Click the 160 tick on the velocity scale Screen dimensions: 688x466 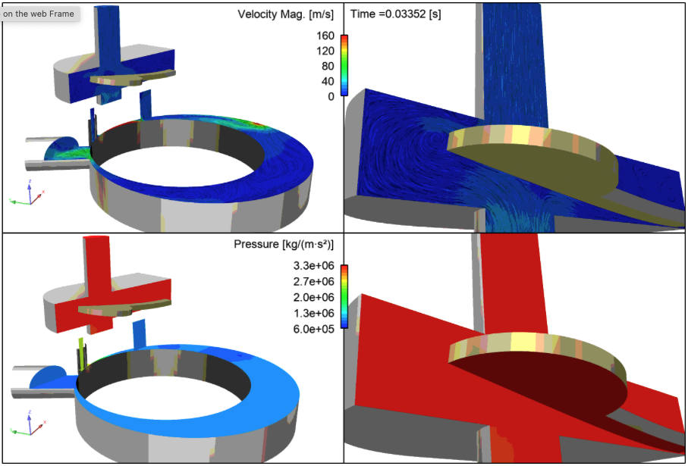coord(325,36)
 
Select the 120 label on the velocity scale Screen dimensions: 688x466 coord(325,52)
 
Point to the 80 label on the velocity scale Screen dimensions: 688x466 coord(328,66)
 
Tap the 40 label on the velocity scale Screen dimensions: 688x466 coord(328,82)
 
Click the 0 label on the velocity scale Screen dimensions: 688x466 coord(331,97)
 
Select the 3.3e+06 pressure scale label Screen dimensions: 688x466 coord(314,266)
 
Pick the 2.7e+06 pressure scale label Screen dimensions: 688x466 coord(314,281)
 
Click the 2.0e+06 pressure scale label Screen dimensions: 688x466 coord(314,297)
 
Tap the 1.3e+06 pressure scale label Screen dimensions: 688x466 coord(314,313)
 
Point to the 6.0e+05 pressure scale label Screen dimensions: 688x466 coord(314,329)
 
